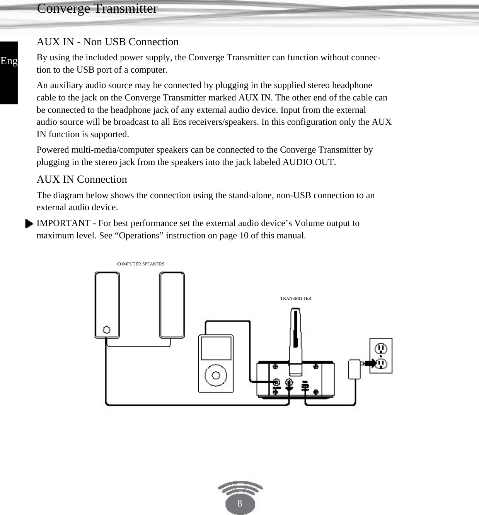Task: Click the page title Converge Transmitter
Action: [97, 8]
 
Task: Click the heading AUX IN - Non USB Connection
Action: [107, 42]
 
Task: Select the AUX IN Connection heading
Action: [82, 179]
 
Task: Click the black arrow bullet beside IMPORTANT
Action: [29, 224]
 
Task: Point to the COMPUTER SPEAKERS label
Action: [140, 264]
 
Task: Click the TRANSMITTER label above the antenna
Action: [295, 298]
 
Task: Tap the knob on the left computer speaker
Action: [107, 330]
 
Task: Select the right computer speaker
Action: [172, 304]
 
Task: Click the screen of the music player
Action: [216, 348]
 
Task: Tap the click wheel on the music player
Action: [216, 375]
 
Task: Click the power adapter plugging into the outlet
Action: [354, 369]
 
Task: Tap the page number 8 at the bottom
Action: [240, 503]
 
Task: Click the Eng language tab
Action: [9, 61]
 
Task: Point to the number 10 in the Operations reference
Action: [244, 236]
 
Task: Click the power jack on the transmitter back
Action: [305, 386]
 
